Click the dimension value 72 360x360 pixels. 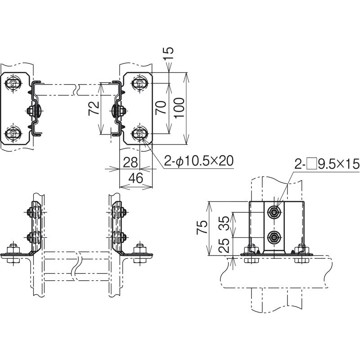[94, 108]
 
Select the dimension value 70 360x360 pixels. [161, 108]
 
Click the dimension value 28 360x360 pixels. [130, 162]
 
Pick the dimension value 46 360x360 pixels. [136, 178]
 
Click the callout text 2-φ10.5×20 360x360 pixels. [199, 161]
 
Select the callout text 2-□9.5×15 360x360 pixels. [327, 164]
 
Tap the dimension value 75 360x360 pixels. [202, 227]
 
